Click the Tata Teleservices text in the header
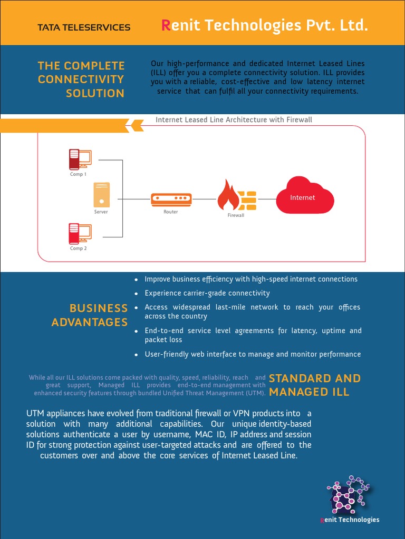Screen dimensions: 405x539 84,27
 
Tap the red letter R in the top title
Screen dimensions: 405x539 166,25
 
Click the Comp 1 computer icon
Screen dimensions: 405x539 80,158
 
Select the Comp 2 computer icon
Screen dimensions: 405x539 80,233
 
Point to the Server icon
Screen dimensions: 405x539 101,195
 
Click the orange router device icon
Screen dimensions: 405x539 171,199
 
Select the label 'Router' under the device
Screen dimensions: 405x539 171,212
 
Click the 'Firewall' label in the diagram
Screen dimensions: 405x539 236,215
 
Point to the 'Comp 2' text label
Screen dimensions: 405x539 79,248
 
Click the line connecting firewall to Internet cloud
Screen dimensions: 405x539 266,199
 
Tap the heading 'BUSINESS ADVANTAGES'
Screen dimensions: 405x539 90,315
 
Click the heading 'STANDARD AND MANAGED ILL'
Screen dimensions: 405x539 315,385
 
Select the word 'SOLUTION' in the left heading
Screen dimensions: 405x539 95,93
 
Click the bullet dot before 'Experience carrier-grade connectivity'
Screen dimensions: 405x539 136,294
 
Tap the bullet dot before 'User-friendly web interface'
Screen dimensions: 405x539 136,355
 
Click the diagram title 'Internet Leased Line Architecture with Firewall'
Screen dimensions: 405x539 234,119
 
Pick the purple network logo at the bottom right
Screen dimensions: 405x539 349,495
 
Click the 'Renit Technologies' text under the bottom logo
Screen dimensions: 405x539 350,520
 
